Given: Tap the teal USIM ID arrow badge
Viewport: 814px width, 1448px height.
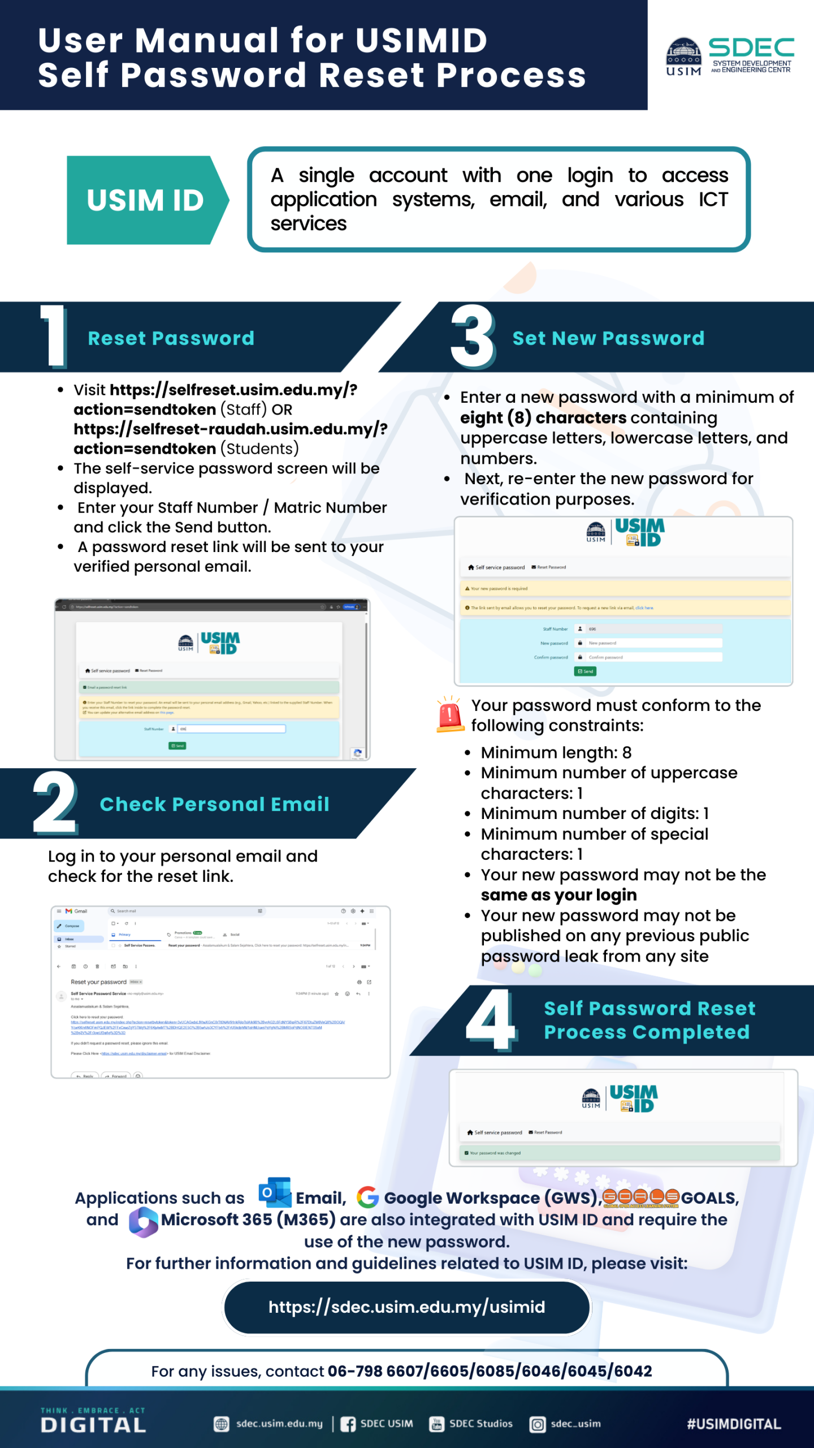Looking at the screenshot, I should [x=146, y=200].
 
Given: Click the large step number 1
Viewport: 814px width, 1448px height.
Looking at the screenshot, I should [x=54, y=336].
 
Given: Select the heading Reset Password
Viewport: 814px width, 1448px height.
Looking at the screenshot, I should [x=171, y=338].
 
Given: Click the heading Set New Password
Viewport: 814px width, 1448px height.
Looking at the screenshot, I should [x=608, y=338].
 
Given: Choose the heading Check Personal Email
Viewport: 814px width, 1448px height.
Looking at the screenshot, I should [x=214, y=804].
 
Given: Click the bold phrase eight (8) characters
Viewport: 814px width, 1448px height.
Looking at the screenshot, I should [x=543, y=418].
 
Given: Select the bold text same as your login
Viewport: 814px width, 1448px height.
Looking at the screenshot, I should [x=558, y=895].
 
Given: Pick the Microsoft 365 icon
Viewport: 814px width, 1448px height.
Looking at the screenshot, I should [x=144, y=1222].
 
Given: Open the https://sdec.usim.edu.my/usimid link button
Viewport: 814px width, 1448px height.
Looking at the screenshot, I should [x=406, y=1307].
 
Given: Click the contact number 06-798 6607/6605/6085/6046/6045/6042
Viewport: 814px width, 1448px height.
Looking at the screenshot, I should [x=490, y=1371].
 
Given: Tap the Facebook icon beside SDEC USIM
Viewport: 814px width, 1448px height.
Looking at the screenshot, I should [x=348, y=1424].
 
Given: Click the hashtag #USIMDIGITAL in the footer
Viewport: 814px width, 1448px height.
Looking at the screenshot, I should [x=734, y=1424].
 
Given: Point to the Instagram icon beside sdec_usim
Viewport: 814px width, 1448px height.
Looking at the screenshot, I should [x=538, y=1424].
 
